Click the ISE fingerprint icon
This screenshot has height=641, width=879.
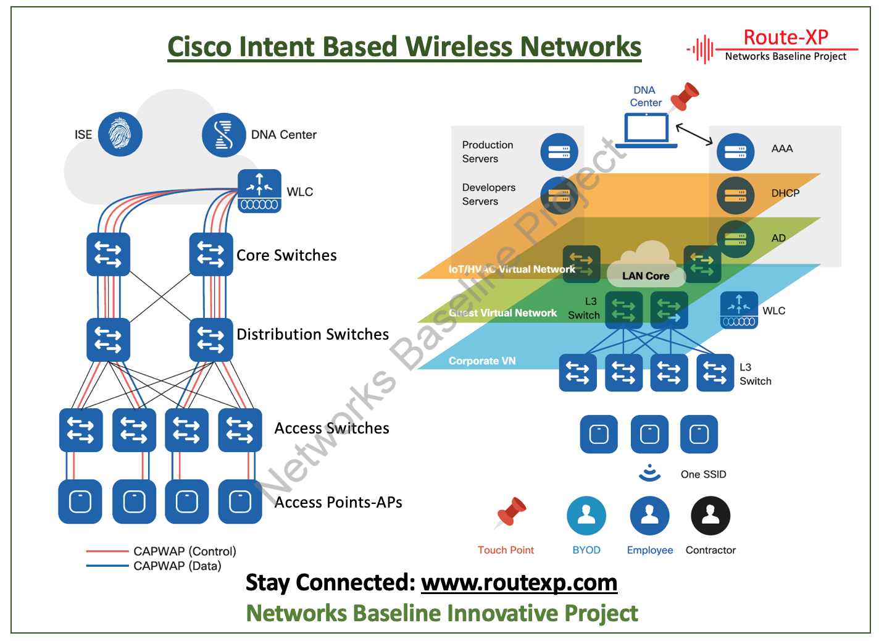click(120, 134)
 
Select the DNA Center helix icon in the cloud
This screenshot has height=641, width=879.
click(223, 135)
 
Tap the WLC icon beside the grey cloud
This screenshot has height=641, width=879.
click(259, 191)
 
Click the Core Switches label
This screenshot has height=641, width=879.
click(286, 255)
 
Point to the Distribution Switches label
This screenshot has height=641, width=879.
click(312, 334)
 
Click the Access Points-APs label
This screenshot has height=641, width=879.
click(338, 502)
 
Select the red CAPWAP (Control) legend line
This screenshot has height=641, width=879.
click(107, 551)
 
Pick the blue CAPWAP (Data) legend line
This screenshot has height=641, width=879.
click(107, 566)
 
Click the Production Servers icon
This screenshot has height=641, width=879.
click(559, 152)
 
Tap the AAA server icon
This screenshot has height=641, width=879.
click(735, 152)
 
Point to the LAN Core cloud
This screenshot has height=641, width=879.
click(646, 266)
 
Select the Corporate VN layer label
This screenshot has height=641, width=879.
click(482, 361)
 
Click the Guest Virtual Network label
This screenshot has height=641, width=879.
click(503, 313)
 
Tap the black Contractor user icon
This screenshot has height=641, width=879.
click(710, 516)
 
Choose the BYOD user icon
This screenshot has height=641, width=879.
click(586, 516)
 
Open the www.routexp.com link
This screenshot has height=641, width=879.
click(519, 582)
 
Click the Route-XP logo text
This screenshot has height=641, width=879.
click(786, 38)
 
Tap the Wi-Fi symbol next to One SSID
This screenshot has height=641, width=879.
click(649, 472)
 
